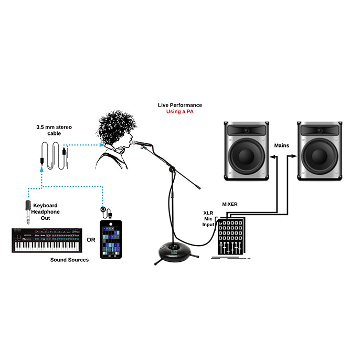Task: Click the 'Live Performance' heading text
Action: point(179,105)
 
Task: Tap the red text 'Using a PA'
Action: point(179,112)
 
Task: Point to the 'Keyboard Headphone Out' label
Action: point(46,211)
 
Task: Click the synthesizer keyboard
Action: point(47,240)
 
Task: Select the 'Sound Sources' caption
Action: point(69,260)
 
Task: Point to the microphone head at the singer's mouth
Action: point(136,142)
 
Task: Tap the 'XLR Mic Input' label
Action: point(209,218)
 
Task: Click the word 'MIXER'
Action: point(230,204)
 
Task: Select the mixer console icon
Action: point(229,236)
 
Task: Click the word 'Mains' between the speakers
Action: point(282,145)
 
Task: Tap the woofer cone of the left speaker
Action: point(246,156)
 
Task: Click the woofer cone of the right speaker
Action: point(319,156)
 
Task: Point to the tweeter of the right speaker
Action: point(319,130)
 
